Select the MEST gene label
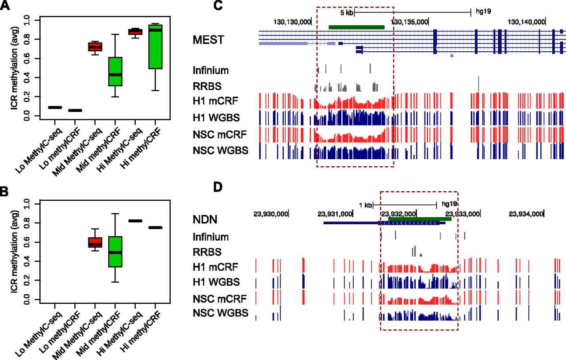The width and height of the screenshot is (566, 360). (x=208, y=39)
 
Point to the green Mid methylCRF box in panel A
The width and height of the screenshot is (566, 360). (x=115, y=71)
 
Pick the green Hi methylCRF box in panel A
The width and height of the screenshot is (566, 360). (x=155, y=46)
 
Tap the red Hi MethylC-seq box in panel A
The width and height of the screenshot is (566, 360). (x=135, y=31)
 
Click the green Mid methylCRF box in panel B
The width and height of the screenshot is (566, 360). (x=115, y=252)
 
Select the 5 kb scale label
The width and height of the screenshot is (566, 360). (x=346, y=13)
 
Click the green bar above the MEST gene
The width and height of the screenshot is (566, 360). (x=356, y=27)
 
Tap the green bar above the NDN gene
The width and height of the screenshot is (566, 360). (x=419, y=218)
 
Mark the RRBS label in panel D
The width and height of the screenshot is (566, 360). (x=207, y=252)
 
